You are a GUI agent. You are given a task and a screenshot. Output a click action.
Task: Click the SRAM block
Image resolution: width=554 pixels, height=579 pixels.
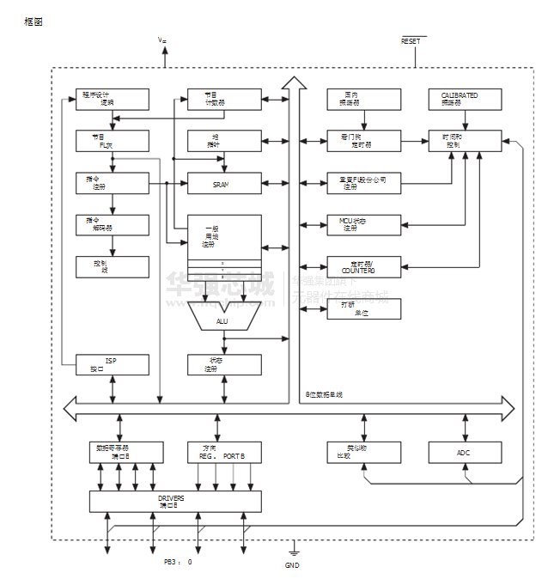pyautogui.click(x=224, y=183)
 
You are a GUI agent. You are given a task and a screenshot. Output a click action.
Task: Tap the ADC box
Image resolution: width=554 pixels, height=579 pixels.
pyautogui.click(x=465, y=452)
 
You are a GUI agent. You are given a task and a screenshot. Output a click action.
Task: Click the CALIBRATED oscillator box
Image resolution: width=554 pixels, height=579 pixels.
pyautogui.click(x=465, y=99)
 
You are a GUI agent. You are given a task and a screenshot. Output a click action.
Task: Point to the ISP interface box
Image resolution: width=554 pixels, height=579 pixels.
pyautogui.click(x=112, y=365)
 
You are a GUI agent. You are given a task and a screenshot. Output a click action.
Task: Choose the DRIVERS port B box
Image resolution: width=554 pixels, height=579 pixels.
pyautogui.click(x=175, y=502)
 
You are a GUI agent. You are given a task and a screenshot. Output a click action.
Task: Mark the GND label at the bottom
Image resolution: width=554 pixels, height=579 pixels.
pyautogui.click(x=292, y=565)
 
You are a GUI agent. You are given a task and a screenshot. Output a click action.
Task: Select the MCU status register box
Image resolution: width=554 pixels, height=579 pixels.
pyautogui.click(x=363, y=225)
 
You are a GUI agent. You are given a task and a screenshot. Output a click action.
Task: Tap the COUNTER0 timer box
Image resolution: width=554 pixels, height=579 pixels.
pyautogui.click(x=363, y=266)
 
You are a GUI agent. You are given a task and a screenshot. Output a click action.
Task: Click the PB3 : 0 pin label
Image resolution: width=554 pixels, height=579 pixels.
pyautogui.click(x=179, y=562)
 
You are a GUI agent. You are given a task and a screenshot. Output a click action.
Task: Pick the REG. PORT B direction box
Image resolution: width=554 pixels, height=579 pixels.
pyautogui.click(x=224, y=452)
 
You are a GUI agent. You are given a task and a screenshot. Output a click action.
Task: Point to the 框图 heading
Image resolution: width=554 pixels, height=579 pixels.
pyautogui.click(x=33, y=21)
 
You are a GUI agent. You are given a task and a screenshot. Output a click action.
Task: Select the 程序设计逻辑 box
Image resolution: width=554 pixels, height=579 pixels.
pyautogui.click(x=112, y=99)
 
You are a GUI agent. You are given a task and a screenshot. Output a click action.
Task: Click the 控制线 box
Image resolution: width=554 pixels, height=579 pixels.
pyautogui.click(x=112, y=266)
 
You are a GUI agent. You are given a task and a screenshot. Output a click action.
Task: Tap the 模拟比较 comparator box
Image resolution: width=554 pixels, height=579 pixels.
pyautogui.click(x=363, y=452)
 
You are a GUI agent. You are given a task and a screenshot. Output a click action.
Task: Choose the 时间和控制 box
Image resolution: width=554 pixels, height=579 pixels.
pyautogui.click(x=465, y=141)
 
